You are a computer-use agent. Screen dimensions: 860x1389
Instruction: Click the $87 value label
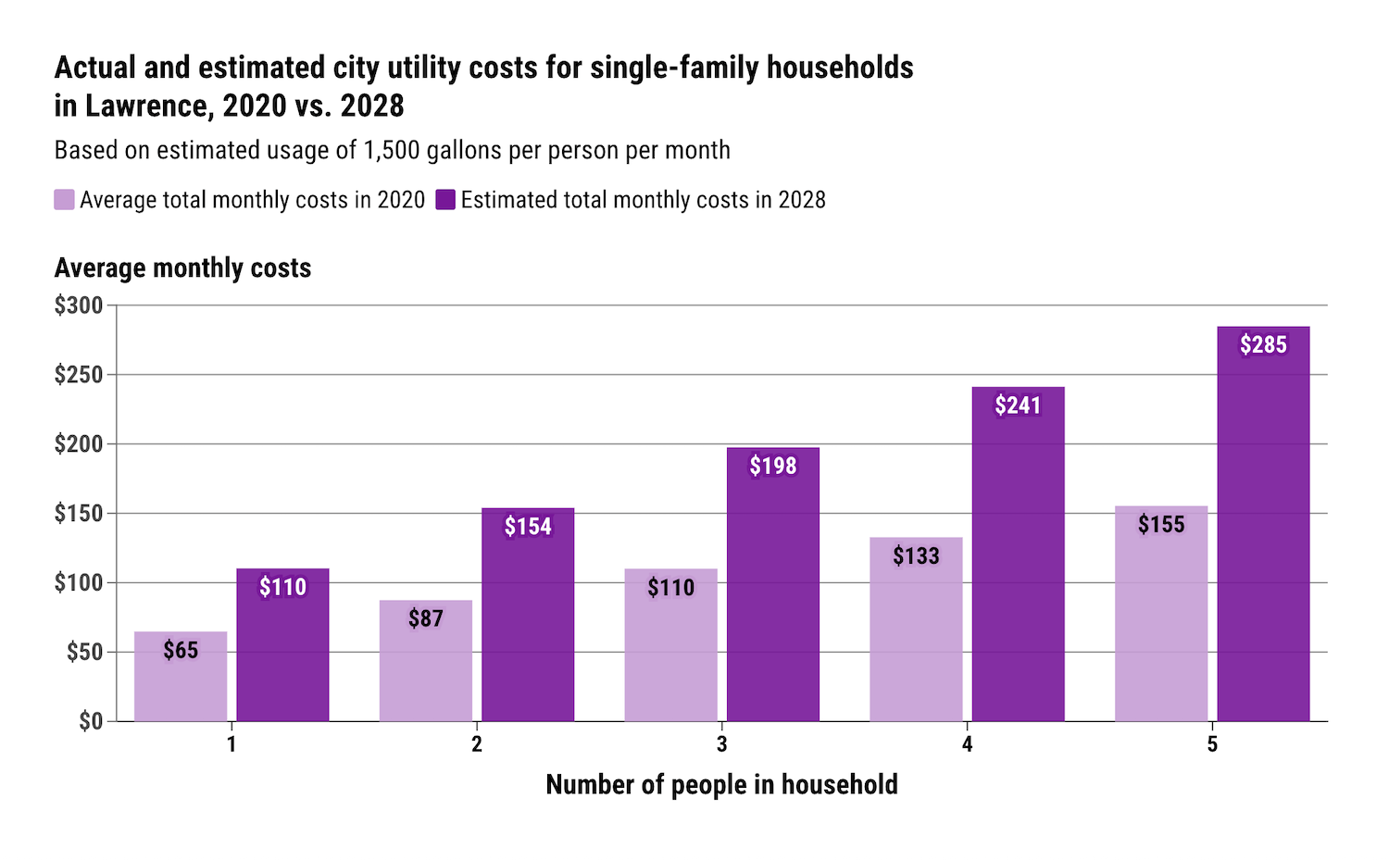426,618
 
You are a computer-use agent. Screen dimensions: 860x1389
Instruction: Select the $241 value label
1018,405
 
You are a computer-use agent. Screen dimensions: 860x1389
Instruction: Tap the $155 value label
1161,525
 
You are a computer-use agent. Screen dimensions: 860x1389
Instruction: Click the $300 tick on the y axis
79,305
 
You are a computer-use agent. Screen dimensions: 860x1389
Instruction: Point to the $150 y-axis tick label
79,514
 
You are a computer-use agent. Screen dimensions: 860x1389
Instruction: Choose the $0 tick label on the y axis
90,721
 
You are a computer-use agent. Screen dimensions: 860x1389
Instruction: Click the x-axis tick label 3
721,745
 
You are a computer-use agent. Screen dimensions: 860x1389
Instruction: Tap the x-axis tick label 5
1211,745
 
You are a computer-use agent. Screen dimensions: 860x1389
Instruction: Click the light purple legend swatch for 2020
64,200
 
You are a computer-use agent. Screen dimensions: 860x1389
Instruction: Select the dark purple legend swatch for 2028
445,200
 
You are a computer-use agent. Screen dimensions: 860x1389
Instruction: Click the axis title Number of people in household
721,785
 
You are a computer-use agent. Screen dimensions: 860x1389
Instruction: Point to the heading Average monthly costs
182,268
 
